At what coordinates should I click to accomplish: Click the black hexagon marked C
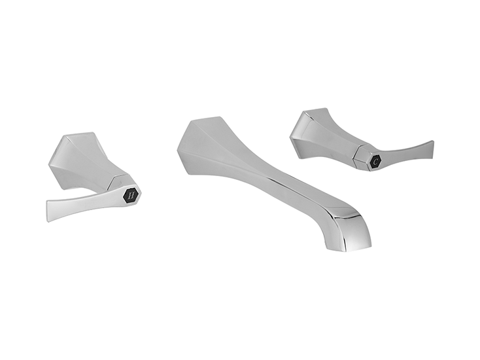click(375, 161)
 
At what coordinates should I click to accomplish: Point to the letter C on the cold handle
click(375, 161)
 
